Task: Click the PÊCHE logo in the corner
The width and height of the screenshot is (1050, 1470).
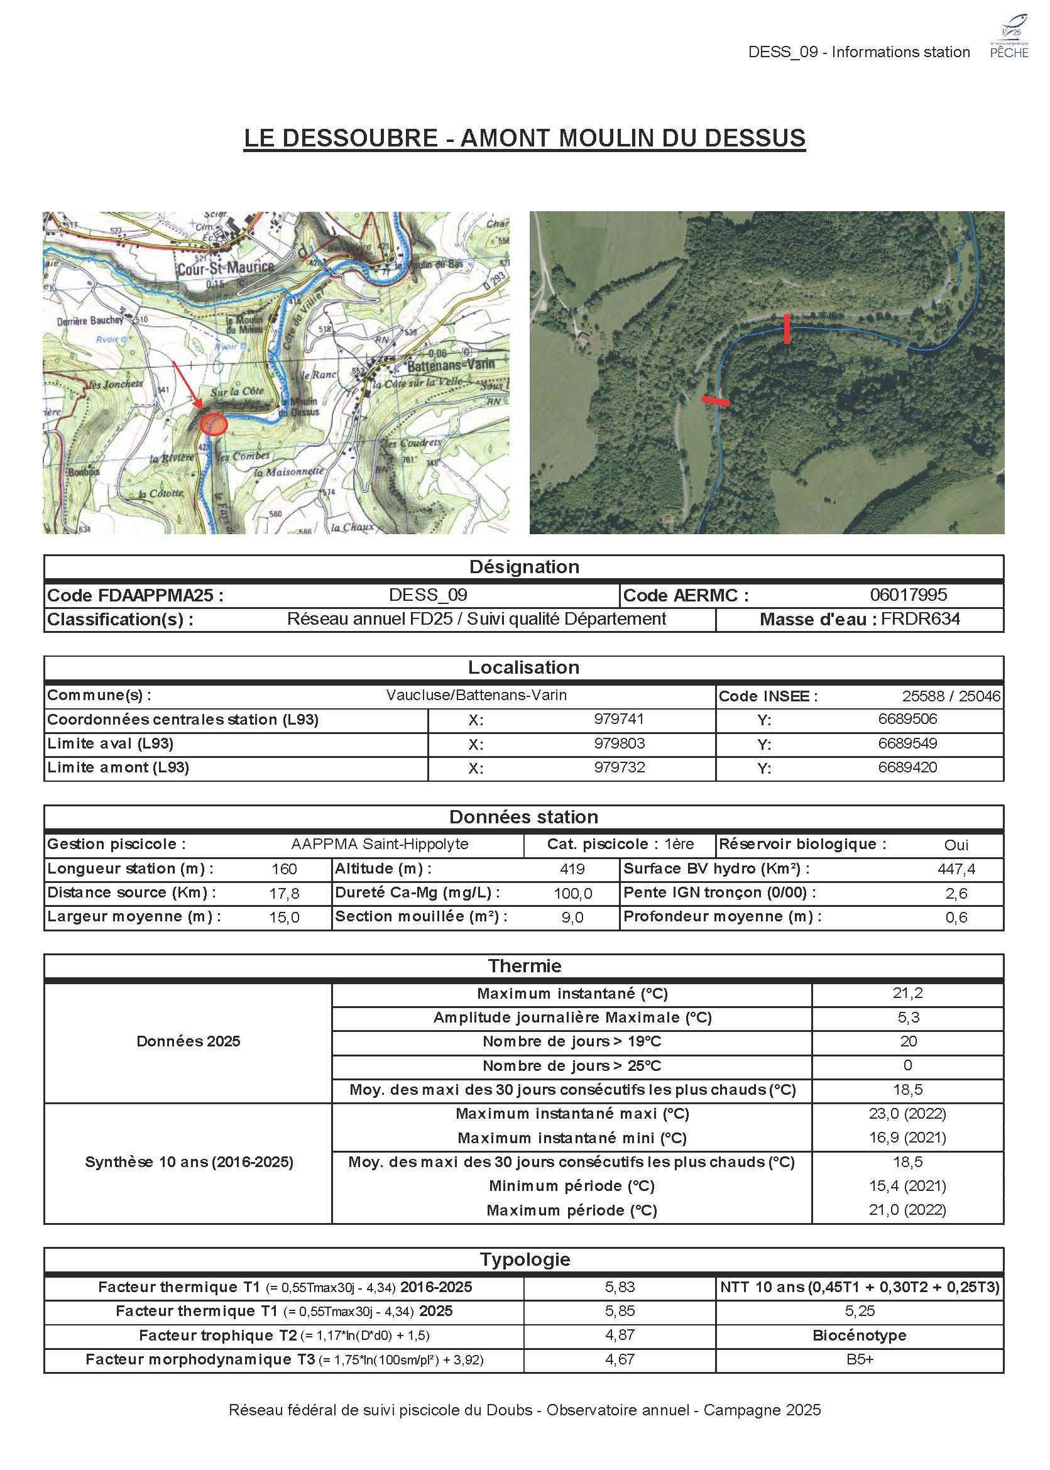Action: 1009,38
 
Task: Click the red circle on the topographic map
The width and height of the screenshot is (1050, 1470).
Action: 214,424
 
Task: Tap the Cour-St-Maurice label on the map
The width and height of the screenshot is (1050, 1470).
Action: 226,267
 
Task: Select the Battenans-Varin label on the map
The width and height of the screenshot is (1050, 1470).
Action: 450,365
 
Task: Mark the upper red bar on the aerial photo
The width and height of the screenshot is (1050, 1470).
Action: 786,329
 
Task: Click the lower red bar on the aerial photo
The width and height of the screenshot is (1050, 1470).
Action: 716,401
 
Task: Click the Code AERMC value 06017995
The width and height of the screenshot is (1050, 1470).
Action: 908,595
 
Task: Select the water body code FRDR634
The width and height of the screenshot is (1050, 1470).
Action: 920,619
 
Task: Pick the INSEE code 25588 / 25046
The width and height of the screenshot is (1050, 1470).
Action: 951,696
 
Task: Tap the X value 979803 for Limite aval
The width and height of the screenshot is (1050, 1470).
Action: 619,743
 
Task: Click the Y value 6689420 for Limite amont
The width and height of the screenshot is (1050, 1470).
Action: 907,767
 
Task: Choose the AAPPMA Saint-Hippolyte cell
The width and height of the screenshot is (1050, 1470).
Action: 380,844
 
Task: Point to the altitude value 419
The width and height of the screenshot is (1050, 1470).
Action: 572,869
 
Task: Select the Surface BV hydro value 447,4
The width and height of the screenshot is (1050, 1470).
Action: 956,869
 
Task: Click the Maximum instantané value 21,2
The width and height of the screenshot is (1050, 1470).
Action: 907,993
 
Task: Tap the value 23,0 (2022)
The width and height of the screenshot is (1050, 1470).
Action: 907,1113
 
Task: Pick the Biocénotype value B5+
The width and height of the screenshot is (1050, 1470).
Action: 859,1359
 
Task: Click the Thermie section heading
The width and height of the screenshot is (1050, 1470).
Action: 524,965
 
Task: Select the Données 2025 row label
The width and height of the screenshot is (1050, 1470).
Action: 188,1041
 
